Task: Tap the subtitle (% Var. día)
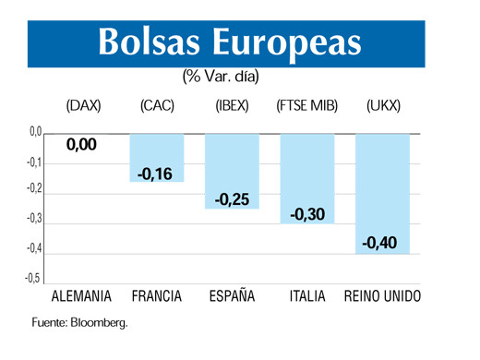click(221, 78)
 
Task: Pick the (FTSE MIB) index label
click(307, 106)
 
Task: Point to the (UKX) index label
click(383, 106)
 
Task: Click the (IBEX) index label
click(232, 106)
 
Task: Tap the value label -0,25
click(232, 199)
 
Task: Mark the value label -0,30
click(307, 214)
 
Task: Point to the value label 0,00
click(81, 145)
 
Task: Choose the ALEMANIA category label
click(81, 298)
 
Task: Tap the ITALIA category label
click(307, 298)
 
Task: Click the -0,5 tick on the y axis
click(31, 278)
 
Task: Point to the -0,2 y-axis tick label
click(31, 190)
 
